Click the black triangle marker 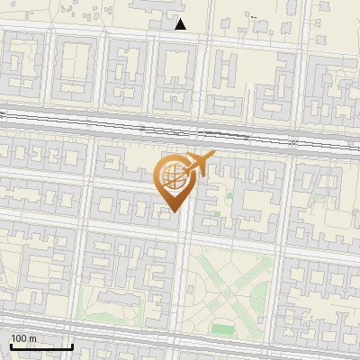coord(181,24)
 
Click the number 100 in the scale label coord(18,338)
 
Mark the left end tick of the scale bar coord(10,346)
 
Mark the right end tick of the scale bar coord(72,346)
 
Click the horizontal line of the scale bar coord(40,347)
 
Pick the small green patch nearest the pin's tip coord(213,213)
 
